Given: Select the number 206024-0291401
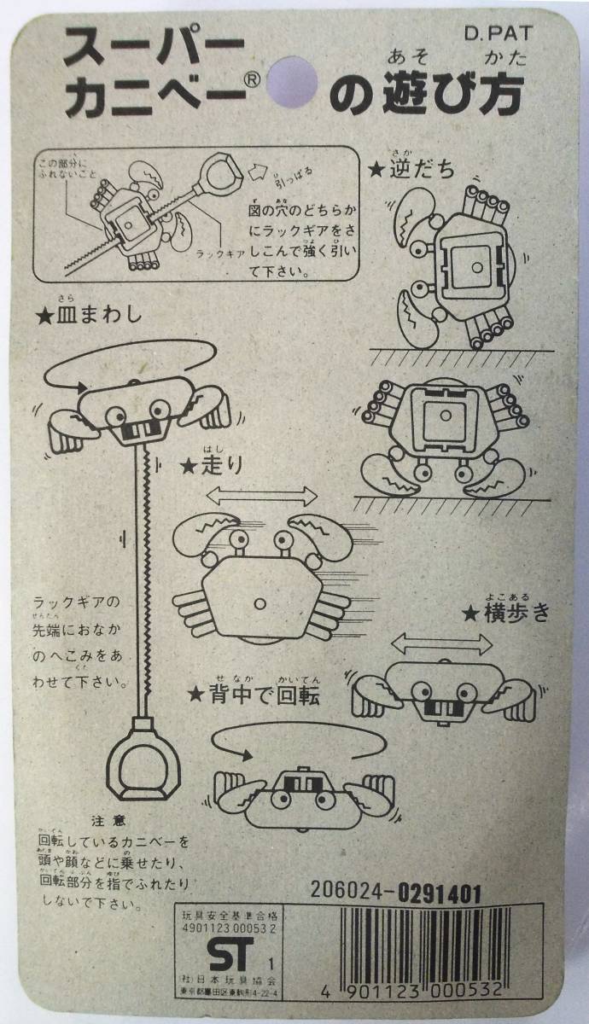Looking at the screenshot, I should [x=397, y=893].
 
